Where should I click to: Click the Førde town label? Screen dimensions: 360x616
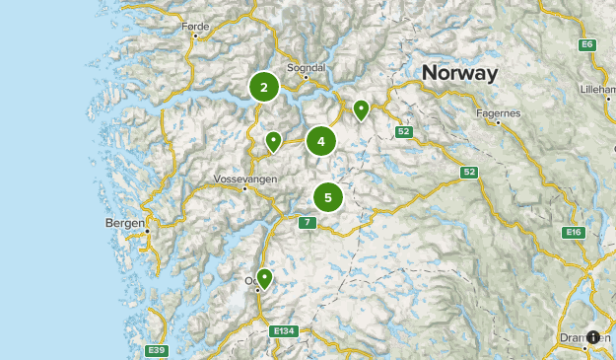point(196,28)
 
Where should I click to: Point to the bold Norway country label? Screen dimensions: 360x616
point(459,73)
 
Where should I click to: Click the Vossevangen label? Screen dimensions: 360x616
point(245,180)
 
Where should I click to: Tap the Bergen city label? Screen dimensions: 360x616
point(124,223)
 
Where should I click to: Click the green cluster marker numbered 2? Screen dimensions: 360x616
point(264,87)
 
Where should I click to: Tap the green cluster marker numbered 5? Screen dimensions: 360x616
point(328,197)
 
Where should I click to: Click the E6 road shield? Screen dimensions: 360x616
point(587,44)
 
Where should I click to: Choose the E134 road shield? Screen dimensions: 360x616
point(285,330)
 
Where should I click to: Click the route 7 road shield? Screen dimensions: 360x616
point(308,223)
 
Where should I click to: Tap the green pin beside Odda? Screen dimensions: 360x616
point(264,278)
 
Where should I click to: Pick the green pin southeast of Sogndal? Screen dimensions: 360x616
point(362,109)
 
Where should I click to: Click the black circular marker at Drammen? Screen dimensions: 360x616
point(594,336)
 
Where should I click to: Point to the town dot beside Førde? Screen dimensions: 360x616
point(195,36)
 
